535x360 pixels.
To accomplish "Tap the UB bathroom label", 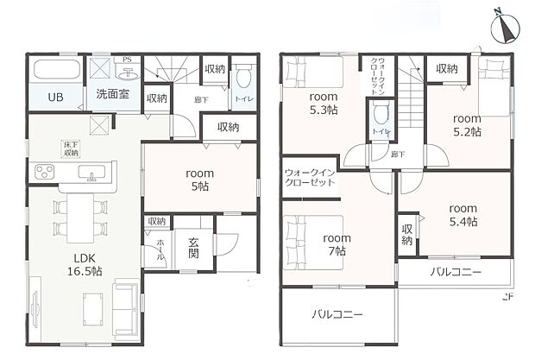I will click(x=54, y=96).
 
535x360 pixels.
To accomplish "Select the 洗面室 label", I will click(x=112, y=94).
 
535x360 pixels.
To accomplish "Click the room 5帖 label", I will click(x=199, y=180).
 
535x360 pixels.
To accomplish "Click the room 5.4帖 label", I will click(x=463, y=214).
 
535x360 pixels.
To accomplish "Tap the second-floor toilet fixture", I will click(x=380, y=114).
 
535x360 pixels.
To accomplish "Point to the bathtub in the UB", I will click(x=54, y=71).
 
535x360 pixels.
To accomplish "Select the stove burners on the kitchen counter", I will click(x=42, y=172).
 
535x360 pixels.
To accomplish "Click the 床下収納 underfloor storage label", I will click(x=70, y=148).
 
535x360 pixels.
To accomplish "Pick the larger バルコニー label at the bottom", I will click(x=337, y=315).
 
